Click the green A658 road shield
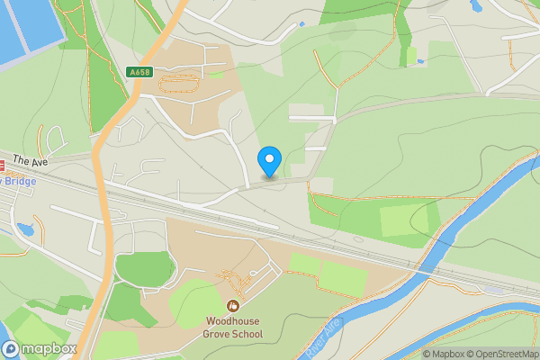click(x=140, y=72)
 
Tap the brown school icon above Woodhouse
click(x=233, y=306)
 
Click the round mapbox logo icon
click(x=11, y=349)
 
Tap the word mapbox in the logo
click(x=50, y=349)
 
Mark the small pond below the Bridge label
click(x=24, y=229)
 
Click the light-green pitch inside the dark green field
click(x=404, y=220)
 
